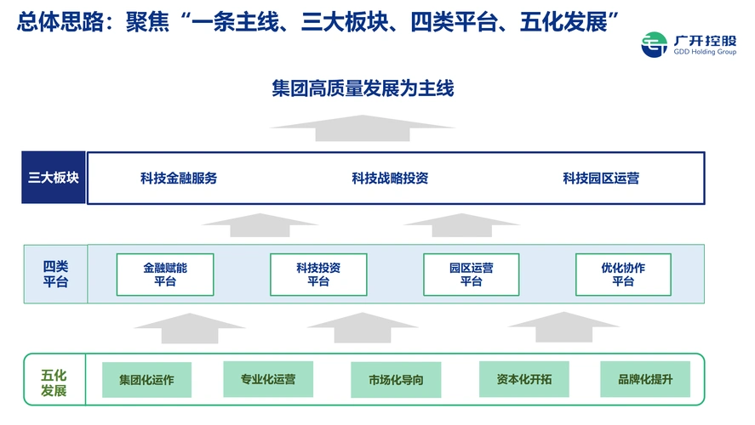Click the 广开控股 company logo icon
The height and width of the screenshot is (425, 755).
(x=654, y=44)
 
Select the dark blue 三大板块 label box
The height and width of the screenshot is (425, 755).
(x=54, y=178)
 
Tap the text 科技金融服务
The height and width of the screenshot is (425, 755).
(x=179, y=178)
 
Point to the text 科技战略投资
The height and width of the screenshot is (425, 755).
(x=390, y=178)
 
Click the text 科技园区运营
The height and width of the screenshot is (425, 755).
(x=601, y=178)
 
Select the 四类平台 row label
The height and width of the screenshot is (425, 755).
(x=55, y=275)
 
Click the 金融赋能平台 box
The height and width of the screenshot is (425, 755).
(x=165, y=275)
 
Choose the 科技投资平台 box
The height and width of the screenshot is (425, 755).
(x=318, y=275)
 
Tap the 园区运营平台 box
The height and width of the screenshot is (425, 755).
(x=472, y=275)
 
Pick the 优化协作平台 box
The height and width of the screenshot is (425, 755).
(x=623, y=275)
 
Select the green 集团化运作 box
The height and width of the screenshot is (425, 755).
(x=146, y=380)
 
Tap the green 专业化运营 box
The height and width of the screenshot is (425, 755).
(x=268, y=379)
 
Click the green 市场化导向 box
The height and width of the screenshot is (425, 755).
(x=396, y=380)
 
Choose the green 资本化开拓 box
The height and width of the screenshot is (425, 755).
(x=523, y=379)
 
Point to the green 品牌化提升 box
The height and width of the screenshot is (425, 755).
(x=645, y=379)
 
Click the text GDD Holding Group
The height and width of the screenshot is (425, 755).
(x=702, y=50)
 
